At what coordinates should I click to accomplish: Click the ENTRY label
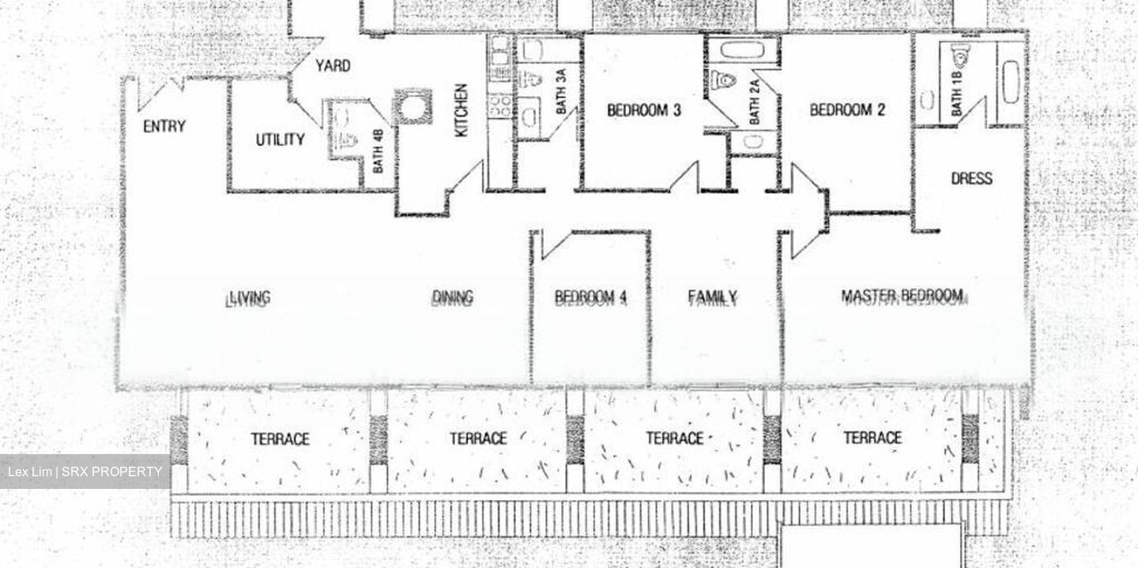point(164,126)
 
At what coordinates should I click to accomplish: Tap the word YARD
point(333,66)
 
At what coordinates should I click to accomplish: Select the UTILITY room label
point(280,140)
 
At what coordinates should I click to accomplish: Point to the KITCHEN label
point(462,110)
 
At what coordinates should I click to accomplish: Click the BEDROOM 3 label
point(643,111)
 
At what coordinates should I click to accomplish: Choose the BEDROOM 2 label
point(847,110)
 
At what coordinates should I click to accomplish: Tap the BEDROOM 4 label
point(590,297)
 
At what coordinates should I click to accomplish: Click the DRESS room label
point(971,178)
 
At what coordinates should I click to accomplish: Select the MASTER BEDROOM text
point(902,297)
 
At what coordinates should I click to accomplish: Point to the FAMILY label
point(712,297)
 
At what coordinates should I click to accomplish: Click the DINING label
point(452,297)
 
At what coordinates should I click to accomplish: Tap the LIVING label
point(249,298)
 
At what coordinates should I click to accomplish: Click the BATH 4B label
point(378,151)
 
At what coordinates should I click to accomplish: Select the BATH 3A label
point(560,93)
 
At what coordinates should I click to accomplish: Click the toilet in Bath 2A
point(723,80)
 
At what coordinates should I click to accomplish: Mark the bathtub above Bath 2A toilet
point(741,51)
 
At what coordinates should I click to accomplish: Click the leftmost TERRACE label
point(280,439)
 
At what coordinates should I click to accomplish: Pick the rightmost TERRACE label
point(872,438)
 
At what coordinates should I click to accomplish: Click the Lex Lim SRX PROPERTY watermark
point(85,472)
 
